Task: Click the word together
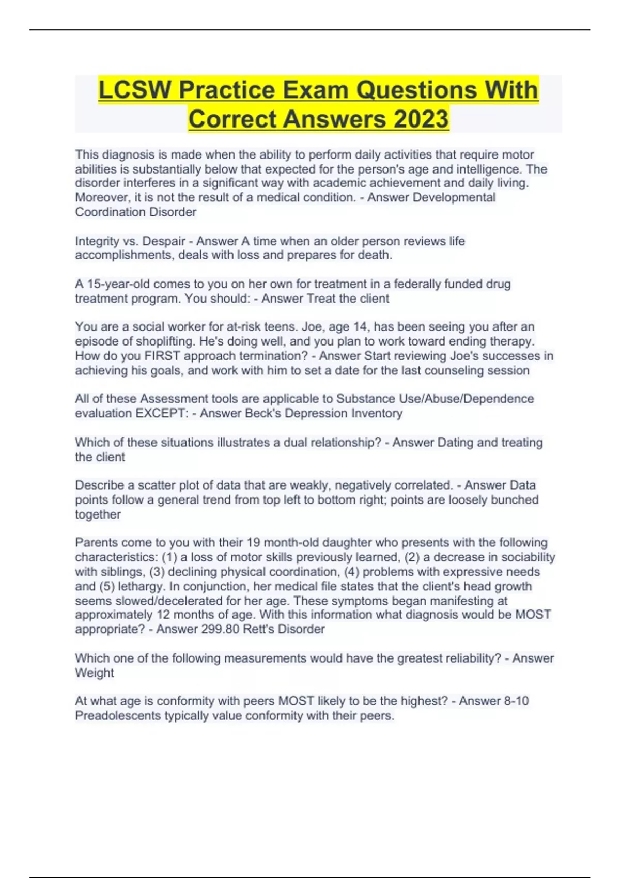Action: point(98,514)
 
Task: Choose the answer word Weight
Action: point(95,673)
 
